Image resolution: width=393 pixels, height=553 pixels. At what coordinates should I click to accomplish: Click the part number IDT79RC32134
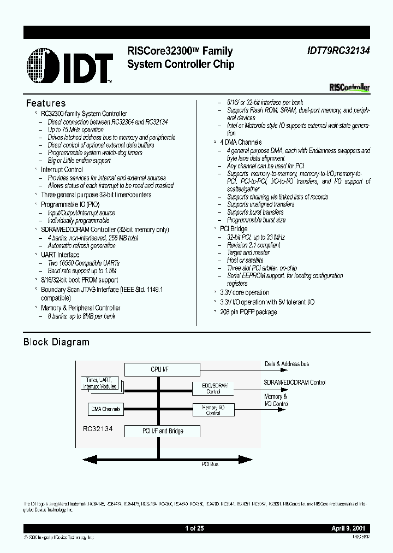coord(335,51)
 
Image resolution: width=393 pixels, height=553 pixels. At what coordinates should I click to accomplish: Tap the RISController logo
coord(350,87)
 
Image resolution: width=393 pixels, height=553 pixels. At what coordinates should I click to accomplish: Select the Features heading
coord(46,103)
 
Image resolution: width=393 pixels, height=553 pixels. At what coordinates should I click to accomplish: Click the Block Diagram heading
coord(56,342)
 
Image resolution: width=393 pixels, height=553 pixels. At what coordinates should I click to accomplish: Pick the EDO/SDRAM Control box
coord(213,388)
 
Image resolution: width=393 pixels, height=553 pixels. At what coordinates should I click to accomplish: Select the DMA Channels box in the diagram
coord(104,409)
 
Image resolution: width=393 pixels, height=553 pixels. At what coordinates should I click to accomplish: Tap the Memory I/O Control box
coord(213,410)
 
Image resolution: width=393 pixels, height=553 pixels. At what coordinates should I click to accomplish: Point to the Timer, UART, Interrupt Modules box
coord(101,383)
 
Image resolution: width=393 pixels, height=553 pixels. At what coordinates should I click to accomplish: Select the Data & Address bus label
coord(287,363)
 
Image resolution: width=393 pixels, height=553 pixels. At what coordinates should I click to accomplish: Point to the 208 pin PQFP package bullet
coord(248,312)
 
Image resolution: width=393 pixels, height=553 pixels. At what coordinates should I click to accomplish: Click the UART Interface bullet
coord(60,255)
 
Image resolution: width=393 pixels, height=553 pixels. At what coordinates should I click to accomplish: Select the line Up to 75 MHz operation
coord(75,130)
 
